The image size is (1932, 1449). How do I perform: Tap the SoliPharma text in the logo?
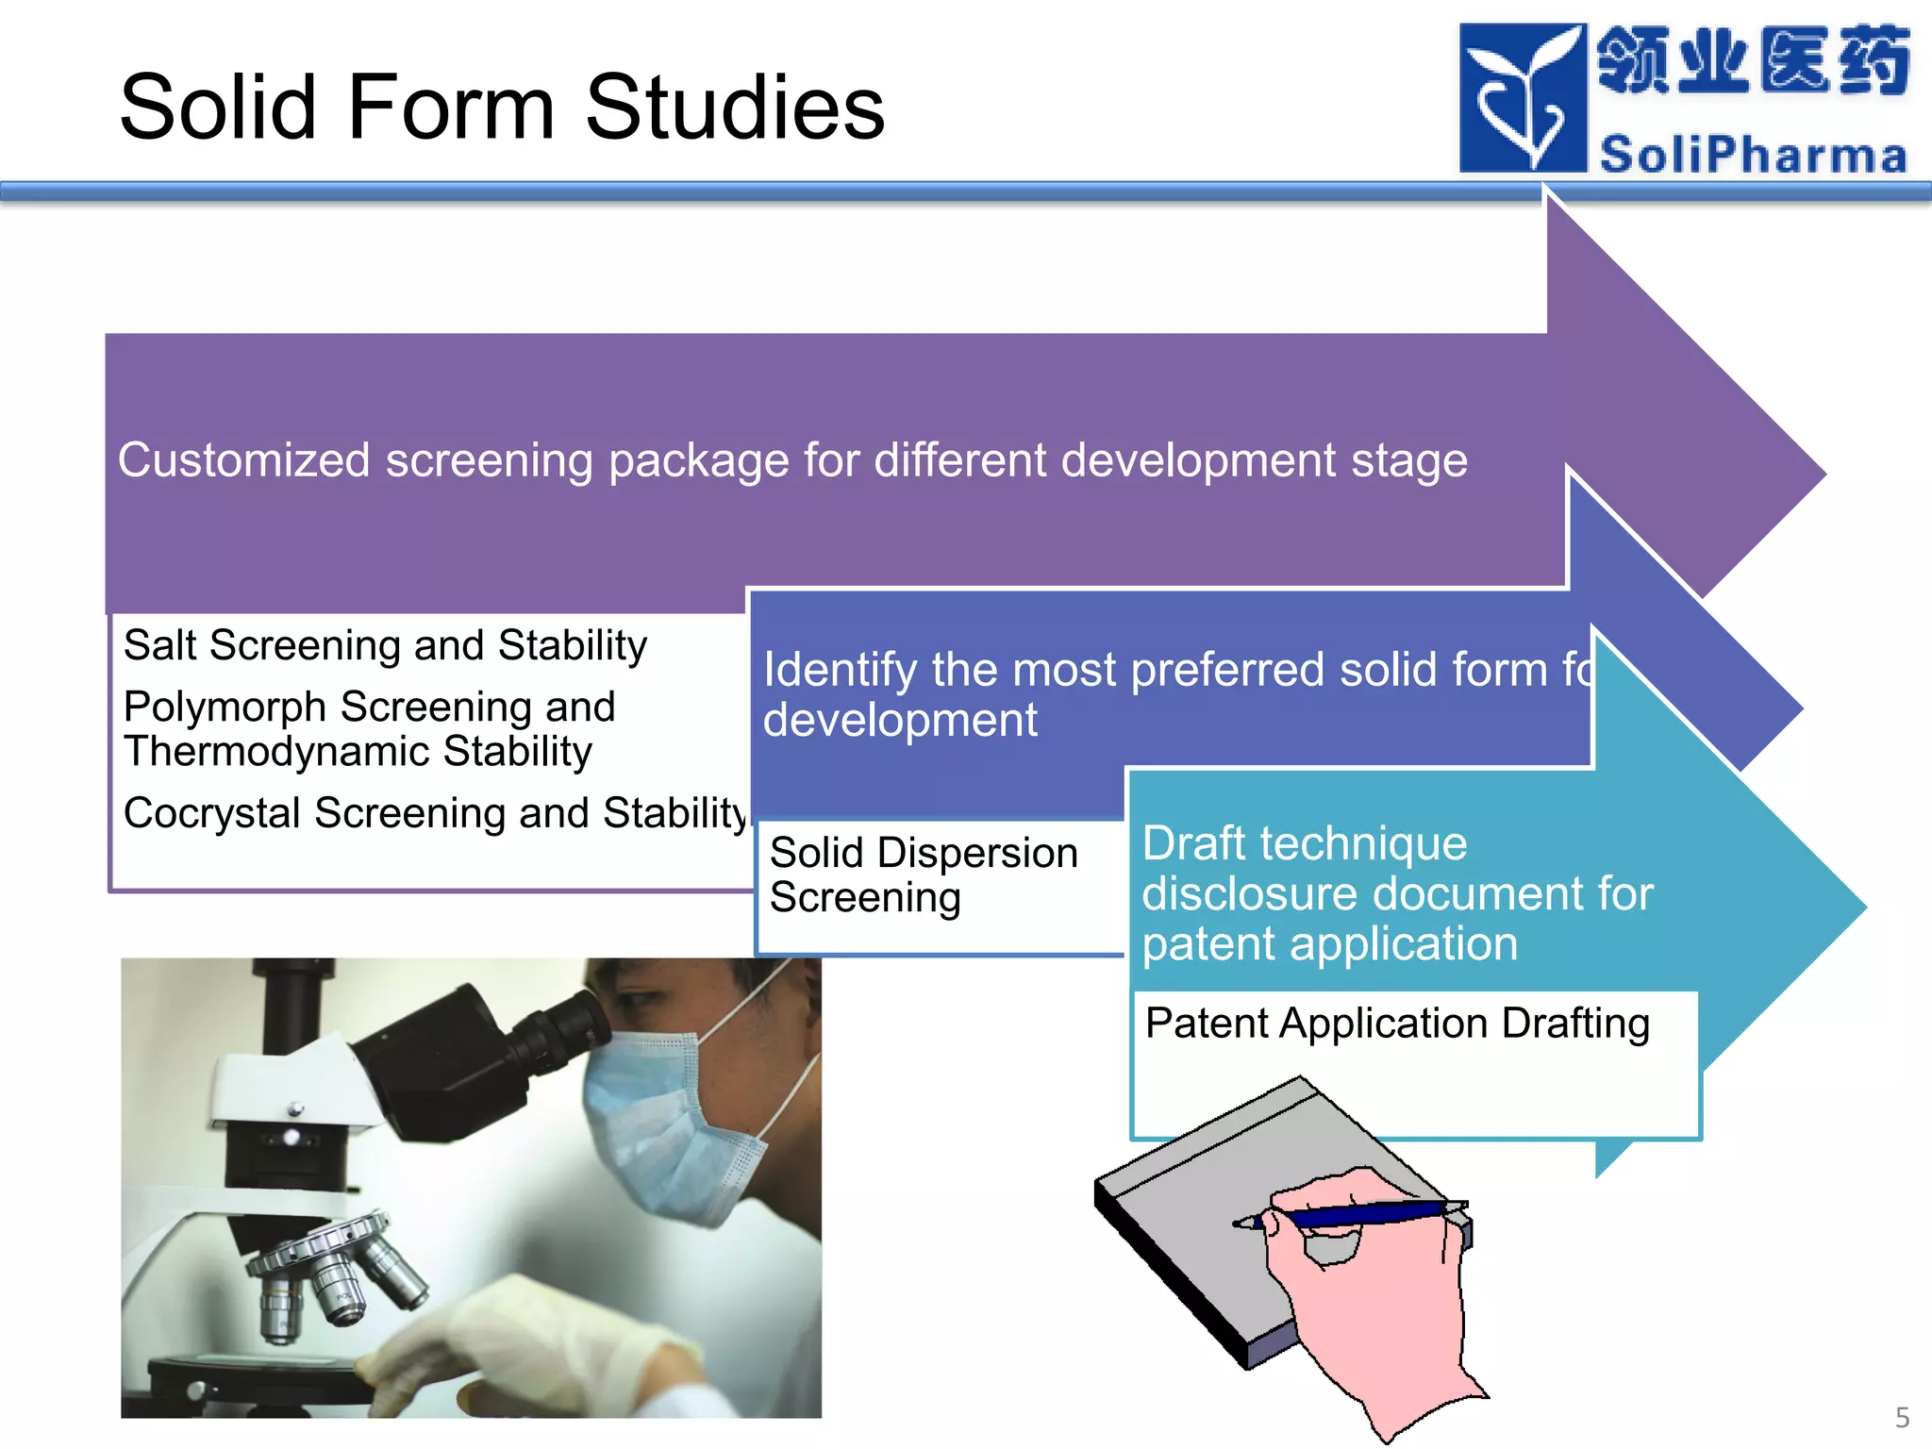pyautogui.click(x=1753, y=155)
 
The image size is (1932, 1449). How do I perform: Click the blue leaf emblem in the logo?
pyautogui.click(x=1522, y=98)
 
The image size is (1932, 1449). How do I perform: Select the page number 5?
pyautogui.click(x=1902, y=1417)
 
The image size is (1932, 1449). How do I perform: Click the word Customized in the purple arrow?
pyautogui.click(x=243, y=460)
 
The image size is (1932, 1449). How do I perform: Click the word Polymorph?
pyautogui.click(x=225, y=708)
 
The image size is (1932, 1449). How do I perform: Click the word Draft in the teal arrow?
pyautogui.click(x=1194, y=843)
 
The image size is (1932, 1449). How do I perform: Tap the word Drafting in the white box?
pyautogui.click(x=1575, y=1024)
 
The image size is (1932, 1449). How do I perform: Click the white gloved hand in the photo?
pyautogui.click(x=528, y=1340)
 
